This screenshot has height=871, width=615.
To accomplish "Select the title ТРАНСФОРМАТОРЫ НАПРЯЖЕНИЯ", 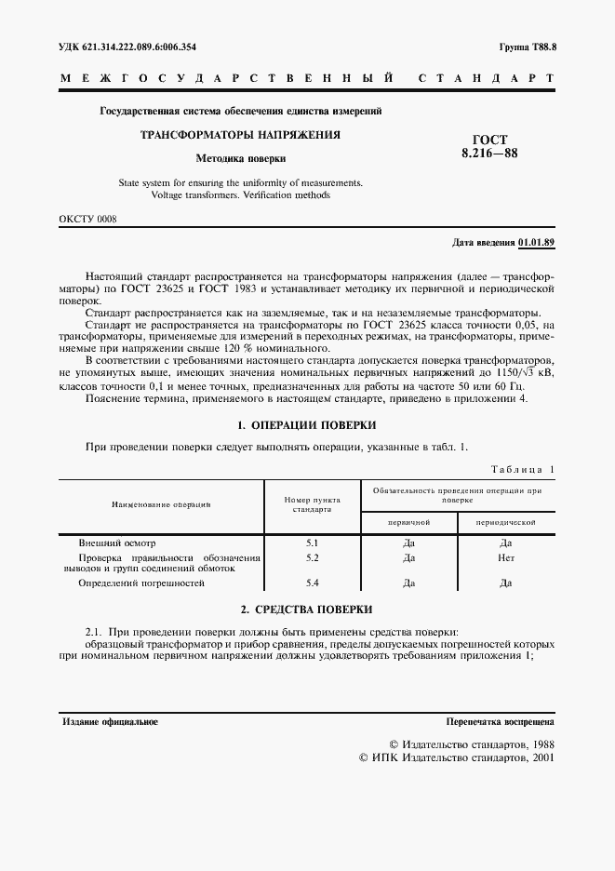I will click(240, 135).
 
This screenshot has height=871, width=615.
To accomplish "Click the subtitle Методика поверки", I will click(240, 158).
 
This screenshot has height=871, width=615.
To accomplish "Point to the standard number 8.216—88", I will click(490, 154).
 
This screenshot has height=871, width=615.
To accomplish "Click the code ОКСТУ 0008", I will click(87, 219).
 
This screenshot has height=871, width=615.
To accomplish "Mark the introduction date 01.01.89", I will click(536, 243).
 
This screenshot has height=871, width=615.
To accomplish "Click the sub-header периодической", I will click(505, 524).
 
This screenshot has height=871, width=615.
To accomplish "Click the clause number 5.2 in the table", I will click(313, 557).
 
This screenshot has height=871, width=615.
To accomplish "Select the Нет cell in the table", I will click(505, 557).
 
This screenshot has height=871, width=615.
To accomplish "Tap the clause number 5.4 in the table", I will click(313, 583).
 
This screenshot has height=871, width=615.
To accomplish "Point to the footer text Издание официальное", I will click(110, 721).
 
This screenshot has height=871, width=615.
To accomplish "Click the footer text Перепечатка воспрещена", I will click(501, 721).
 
